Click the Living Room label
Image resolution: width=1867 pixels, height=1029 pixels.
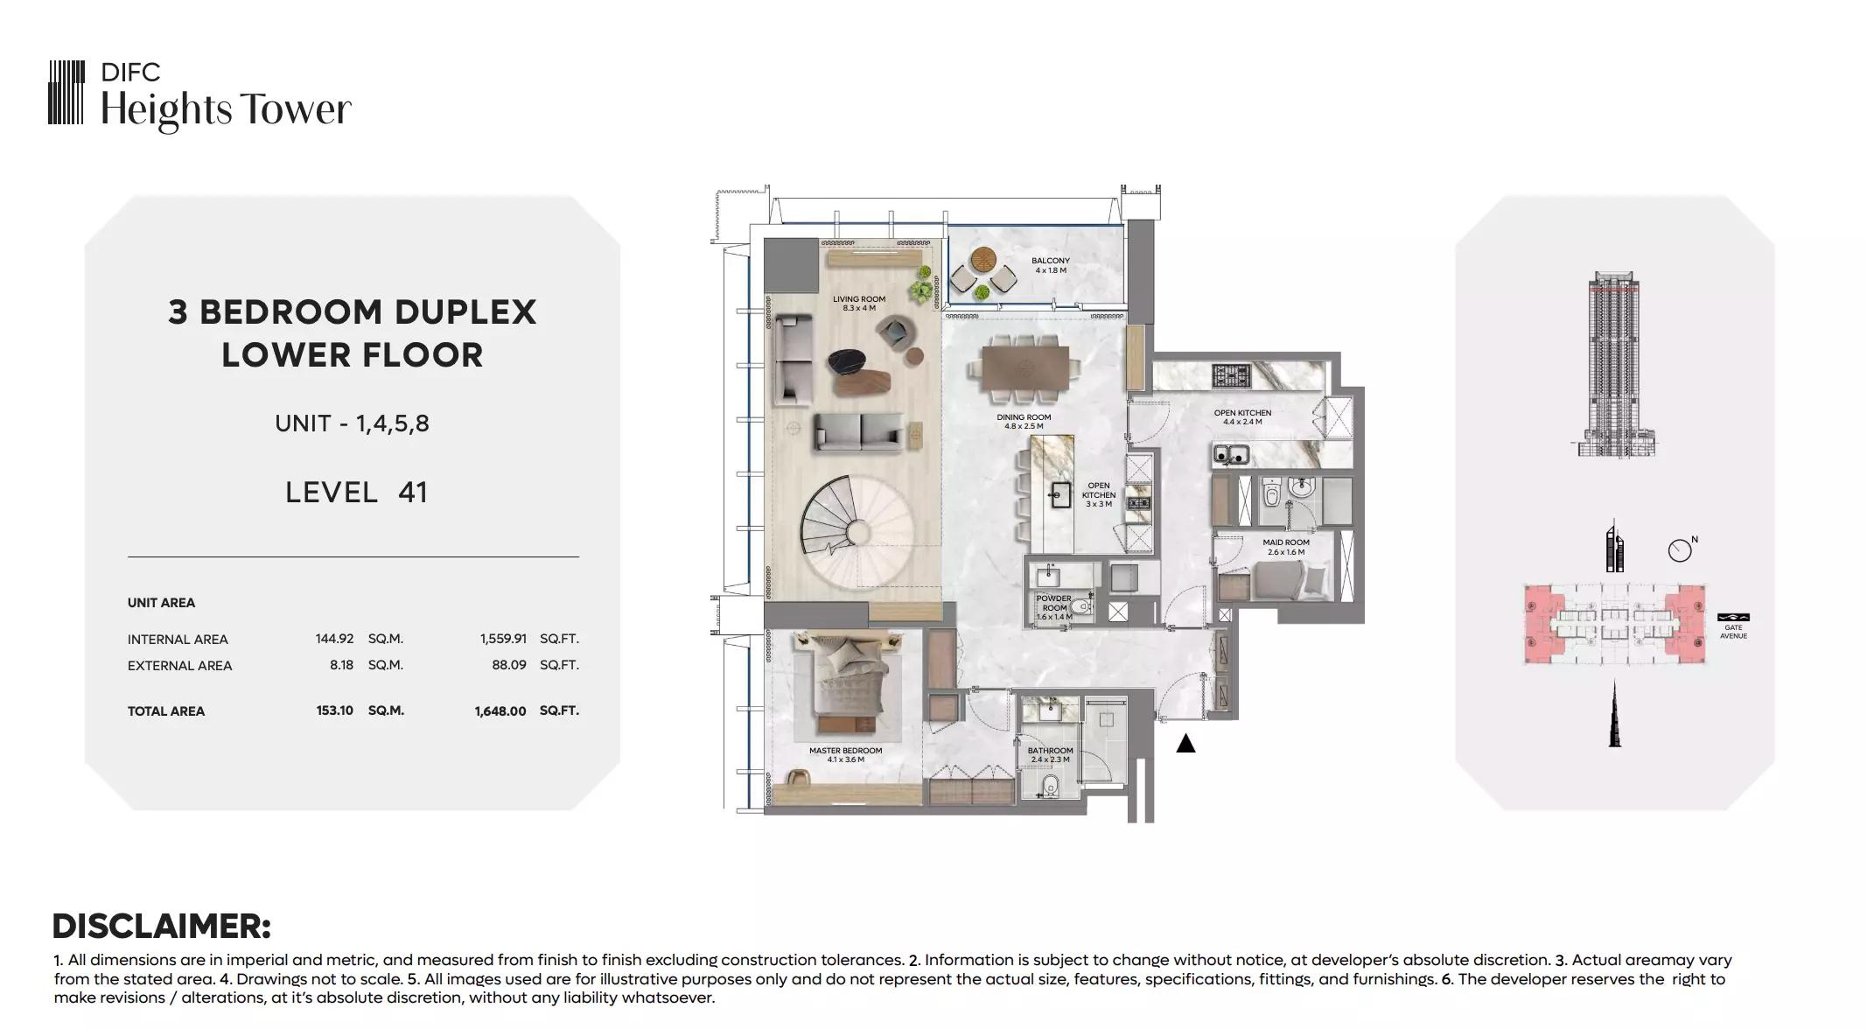pos(858,303)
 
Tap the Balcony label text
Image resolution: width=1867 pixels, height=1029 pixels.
pos(1050,265)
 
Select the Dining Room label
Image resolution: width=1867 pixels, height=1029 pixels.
pos(1024,422)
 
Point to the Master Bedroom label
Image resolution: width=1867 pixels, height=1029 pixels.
pos(845,754)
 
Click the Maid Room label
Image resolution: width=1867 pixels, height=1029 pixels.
pos(1285,547)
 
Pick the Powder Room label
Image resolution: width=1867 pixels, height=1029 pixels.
pos(1054,607)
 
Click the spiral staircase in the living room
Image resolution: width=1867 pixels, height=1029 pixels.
pos(858,533)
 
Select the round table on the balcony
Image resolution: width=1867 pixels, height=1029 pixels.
pos(982,261)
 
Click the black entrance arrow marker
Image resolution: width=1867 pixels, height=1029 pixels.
pos(1185,743)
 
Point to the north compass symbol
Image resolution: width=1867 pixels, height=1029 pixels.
pos(1681,549)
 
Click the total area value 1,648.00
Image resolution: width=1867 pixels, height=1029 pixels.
pos(500,711)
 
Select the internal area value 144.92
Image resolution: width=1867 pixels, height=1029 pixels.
pos(334,639)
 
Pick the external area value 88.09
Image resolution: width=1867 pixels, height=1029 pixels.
pos(509,665)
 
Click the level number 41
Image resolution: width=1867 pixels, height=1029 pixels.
pos(413,492)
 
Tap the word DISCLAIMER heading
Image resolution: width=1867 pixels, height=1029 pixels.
pos(162,926)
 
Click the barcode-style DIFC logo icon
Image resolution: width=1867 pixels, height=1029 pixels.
pos(66,92)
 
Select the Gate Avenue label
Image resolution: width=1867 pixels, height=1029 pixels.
pos(1733,632)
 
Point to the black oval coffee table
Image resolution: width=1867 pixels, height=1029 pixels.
pos(851,360)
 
